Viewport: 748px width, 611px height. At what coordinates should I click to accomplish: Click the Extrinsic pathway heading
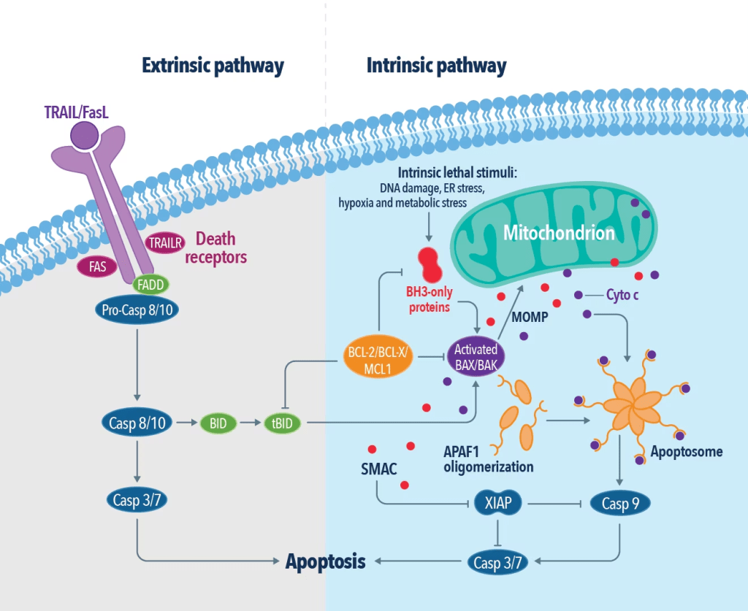pos(213,66)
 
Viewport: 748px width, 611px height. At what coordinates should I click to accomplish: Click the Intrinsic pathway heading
pos(436,66)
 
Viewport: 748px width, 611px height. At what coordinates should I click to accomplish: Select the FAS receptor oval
pos(98,266)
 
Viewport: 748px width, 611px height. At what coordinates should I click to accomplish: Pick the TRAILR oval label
pos(165,243)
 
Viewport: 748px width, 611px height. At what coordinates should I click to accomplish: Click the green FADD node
pos(150,285)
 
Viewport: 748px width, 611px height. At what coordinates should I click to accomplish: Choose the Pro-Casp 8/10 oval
pos(137,310)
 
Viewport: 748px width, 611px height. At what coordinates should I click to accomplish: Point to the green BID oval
pos(218,423)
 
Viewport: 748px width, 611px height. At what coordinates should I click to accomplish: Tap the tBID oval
pos(286,423)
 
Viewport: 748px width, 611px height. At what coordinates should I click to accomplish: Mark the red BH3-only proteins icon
pos(428,264)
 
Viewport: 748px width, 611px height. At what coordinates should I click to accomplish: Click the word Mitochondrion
pos(559,234)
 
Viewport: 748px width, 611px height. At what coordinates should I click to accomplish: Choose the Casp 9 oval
pos(620,503)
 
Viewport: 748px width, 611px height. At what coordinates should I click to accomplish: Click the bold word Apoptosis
pos(326,561)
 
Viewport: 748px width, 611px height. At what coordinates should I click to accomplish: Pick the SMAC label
pos(378,469)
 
